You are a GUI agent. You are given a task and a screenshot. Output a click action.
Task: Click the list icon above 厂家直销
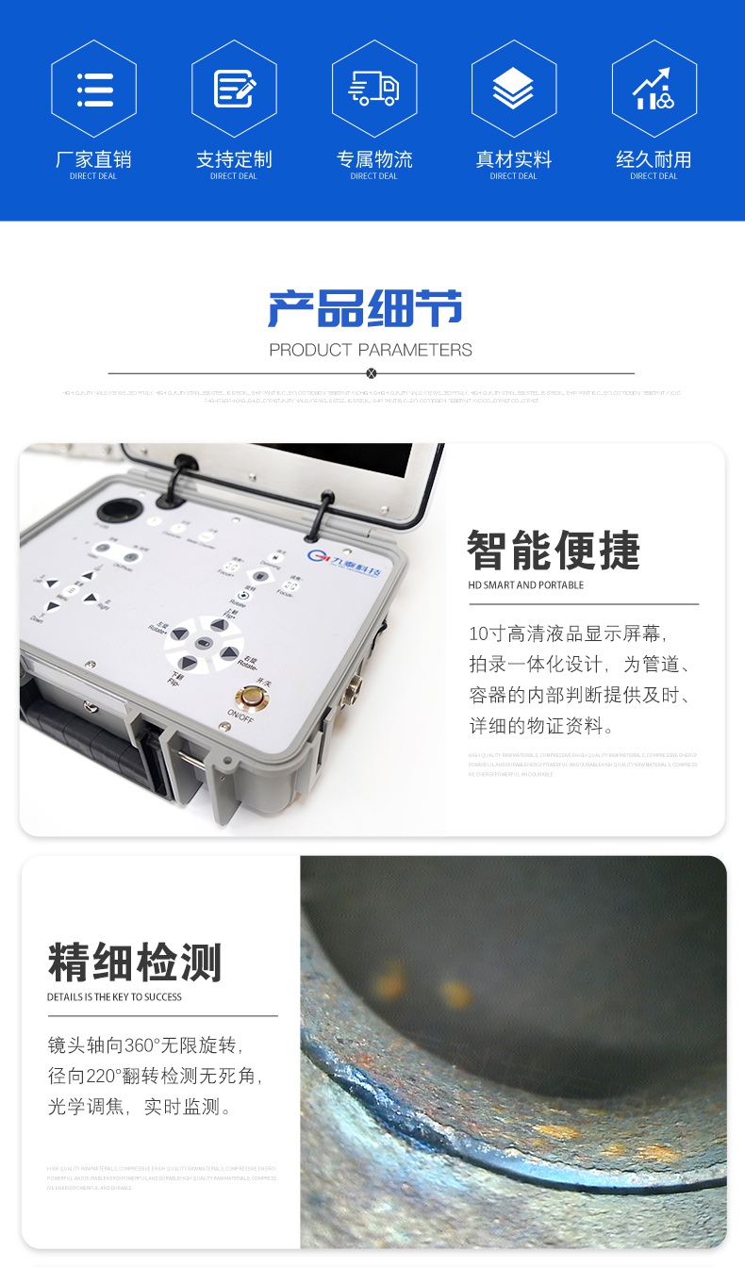93,89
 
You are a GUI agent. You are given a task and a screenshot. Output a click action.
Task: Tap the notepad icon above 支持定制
234,89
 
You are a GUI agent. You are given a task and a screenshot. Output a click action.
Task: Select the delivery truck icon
373,89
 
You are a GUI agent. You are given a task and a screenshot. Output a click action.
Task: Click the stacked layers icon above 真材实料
513,89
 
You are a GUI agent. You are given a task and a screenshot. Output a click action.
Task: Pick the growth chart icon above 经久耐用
653,89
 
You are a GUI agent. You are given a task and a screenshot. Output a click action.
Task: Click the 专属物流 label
374,159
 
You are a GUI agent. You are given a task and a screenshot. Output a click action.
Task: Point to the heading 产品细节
366,309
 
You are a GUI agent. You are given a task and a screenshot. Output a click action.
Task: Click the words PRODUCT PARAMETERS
371,350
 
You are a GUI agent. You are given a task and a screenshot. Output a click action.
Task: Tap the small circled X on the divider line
371,373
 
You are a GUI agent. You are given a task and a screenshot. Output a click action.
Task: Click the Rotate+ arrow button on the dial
179,633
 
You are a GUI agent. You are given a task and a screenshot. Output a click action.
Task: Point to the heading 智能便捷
554,551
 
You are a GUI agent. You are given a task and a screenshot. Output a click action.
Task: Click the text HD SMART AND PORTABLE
526,585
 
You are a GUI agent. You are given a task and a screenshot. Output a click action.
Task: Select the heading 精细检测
135,963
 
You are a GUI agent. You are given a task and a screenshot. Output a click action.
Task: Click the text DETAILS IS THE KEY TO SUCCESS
114,997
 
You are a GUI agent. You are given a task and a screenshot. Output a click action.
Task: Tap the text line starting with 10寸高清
569,633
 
